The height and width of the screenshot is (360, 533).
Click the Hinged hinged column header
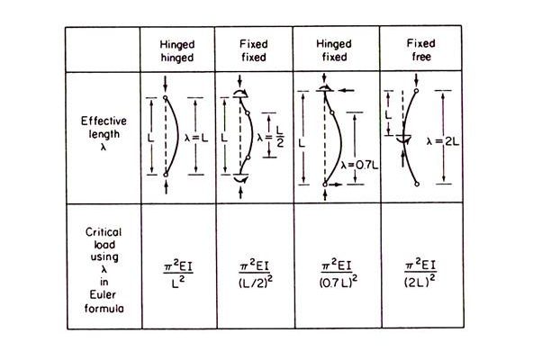(177, 51)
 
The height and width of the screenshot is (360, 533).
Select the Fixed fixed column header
(254, 50)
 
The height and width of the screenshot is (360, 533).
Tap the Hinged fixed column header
(334, 50)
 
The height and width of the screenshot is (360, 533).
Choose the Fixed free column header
(420, 49)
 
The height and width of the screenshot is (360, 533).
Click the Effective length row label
(104, 133)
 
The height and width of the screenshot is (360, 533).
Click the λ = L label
(196, 139)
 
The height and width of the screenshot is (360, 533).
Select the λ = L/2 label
(271, 137)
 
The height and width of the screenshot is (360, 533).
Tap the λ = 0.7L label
(359, 166)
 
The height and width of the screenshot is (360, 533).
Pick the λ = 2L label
(443, 141)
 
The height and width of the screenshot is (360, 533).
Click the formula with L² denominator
(178, 274)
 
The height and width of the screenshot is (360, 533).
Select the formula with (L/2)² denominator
(256, 274)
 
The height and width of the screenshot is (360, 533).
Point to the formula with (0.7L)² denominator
(339, 274)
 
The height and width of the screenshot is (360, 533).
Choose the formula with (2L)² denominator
(420, 273)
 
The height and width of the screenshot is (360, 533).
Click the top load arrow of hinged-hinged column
(165, 84)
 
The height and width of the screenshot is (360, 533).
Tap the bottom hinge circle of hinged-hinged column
(166, 175)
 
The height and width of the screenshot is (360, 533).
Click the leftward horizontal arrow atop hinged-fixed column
(348, 90)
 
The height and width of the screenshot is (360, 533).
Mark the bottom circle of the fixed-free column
(417, 184)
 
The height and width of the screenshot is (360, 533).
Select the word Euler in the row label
(103, 294)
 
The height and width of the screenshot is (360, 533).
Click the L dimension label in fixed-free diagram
(388, 115)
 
